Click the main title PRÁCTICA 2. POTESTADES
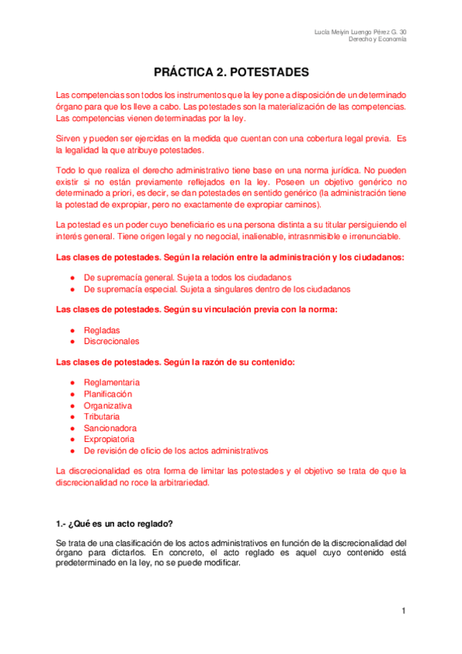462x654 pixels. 231,72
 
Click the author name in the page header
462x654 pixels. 361,31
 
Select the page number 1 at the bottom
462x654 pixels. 403,612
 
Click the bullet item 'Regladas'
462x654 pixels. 102,330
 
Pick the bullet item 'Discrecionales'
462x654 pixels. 112,341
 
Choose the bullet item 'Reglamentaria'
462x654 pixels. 112,383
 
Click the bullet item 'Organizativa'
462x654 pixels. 108,405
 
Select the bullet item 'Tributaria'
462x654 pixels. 102,416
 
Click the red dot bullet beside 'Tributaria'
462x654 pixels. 72,416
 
